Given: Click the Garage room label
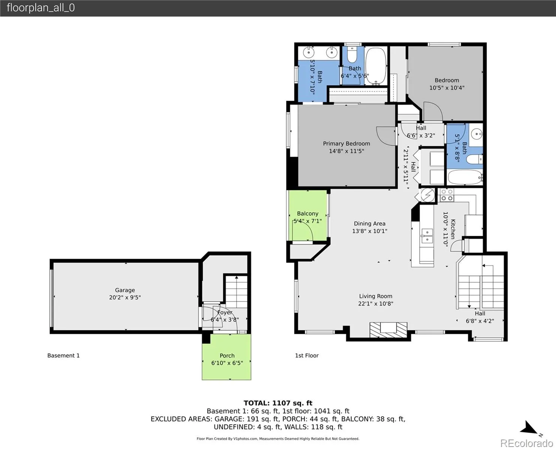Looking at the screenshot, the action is click(125, 290).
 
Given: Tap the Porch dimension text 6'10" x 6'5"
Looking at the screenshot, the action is click(227, 363).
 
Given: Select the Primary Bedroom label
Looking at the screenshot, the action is click(347, 143).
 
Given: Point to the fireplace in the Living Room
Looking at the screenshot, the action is click(389, 330).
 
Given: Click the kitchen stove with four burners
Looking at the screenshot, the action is click(447, 195).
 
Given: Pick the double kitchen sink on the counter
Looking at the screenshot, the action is click(427, 236).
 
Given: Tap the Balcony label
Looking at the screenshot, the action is click(308, 213).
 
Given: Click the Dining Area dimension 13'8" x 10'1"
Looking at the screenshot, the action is click(370, 231).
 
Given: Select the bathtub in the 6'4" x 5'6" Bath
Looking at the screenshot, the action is click(375, 66).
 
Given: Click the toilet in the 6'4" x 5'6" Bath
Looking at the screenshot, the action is click(352, 54).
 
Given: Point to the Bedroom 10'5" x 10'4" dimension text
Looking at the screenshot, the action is click(447, 88).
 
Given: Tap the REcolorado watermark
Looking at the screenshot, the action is click(526, 443).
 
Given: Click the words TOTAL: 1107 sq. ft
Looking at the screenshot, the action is click(278, 403).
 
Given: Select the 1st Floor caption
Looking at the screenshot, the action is click(307, 355).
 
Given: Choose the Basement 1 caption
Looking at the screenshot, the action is click(63, 355).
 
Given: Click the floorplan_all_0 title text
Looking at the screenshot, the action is click(41, 8).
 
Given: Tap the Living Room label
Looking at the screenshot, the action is click(376, 296).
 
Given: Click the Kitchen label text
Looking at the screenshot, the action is click(453, 229).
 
